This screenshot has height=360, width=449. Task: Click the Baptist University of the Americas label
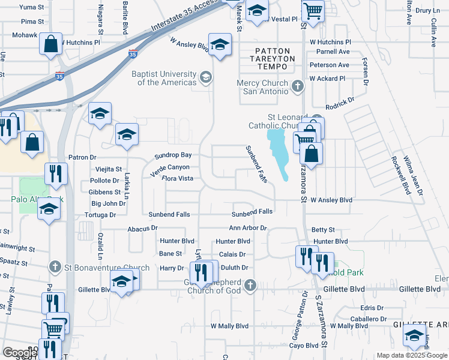click(167, 78)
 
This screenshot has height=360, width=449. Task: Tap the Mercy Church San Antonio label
click(265, 87)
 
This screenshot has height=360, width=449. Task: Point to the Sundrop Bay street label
click(173, 155)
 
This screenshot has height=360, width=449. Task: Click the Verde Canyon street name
click(170, 167)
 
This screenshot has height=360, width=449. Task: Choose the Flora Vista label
click(177, 178)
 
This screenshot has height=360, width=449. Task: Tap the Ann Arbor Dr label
click(247, 228)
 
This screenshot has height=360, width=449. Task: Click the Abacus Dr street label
click(142, 228)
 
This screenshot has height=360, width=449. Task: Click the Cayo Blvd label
click(304, 346)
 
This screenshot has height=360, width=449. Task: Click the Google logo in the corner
click(19, 352)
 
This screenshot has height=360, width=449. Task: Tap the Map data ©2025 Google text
click(412, 355)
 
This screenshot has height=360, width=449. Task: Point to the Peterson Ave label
click(330, 65)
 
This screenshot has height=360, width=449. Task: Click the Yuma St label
click(33, 7)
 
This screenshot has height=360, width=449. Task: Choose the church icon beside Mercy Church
click(297, 87)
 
